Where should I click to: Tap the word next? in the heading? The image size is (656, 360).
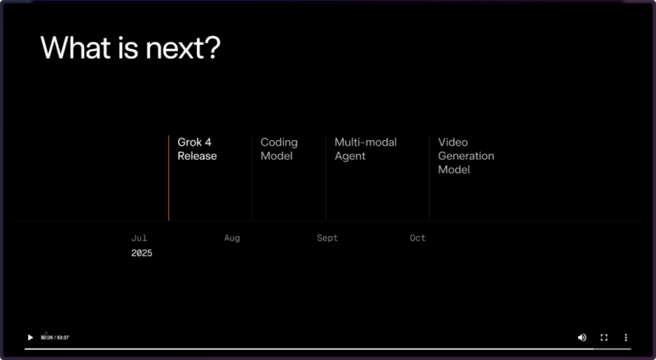pos(182,48)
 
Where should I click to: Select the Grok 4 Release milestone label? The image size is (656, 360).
pos(197,149)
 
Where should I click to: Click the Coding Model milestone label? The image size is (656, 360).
pos(279,149)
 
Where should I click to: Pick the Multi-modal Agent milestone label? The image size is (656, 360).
pos(366,149)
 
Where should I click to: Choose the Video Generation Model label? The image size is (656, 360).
pos(466,156)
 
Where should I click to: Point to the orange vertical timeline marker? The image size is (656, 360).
pos(169,178)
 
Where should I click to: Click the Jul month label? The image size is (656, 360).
pos(139,238)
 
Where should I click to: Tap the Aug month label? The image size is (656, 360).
pos(232,238)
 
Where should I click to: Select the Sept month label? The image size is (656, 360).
pos(327,238)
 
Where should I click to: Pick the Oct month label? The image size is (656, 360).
pos(417,238)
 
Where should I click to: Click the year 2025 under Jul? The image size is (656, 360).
pos(142,253)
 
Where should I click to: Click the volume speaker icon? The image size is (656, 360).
pos(582,337)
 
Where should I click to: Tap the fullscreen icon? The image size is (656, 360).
pos(604,337)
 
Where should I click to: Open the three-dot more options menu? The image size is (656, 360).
pos(626,337)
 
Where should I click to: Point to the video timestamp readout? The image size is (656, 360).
pos(55,337)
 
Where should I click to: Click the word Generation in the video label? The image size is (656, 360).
pos(466,156)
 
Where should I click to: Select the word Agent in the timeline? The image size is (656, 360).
pos(350,157)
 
